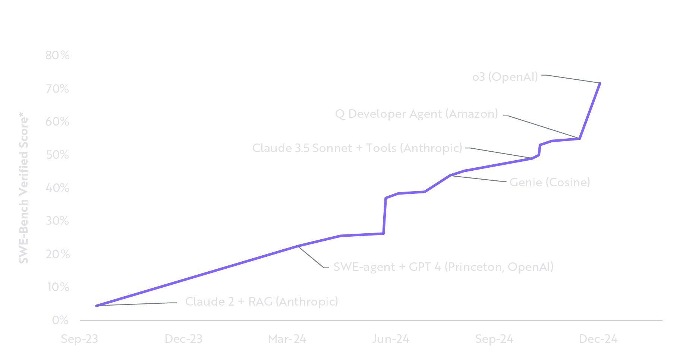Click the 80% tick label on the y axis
coord(57,55)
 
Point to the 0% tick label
coord(60,320)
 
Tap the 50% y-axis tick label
coord(57,155)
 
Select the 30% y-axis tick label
coord(57,221)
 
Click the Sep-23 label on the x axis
coord(79,339)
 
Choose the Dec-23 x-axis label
coord(183,339)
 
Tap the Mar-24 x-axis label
coord(287,339)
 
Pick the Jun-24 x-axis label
coord(391,339)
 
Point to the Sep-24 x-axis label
coord(494,339)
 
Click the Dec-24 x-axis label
coord(598,339)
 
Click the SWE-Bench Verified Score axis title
coord(23,190)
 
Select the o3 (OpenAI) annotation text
coord(505,77)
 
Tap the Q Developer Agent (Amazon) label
coord(416,114)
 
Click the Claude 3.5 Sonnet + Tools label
coord(357,148)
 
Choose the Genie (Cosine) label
coord(550,182)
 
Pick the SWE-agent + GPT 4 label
coord(443,267)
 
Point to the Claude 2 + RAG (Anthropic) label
coord(261,301)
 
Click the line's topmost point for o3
coord(600,83)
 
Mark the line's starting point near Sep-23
coord(96,306)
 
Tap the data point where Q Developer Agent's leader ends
coord(579,139)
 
